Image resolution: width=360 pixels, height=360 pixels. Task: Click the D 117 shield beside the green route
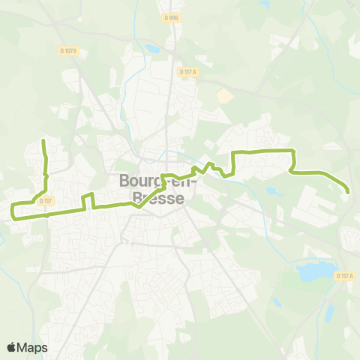(46, 200)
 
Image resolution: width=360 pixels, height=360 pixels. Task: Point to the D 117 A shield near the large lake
(344, 276)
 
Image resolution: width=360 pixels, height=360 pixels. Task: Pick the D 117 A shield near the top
(187, 71)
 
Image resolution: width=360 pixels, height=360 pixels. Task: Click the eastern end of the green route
(347, 192)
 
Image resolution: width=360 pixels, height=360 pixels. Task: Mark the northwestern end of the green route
(44, 140)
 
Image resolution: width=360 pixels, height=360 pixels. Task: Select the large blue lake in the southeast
(314, 271)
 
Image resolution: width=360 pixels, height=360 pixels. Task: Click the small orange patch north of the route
(224, 96)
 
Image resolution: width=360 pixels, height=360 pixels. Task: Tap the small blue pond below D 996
(154, 49)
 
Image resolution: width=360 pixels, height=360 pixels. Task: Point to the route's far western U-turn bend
(13, 210)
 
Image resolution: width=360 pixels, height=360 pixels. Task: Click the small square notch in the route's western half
(88, 198)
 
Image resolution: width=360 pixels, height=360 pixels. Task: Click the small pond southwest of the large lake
(275, 302)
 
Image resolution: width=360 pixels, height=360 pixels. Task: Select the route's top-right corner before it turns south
(292, 151)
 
